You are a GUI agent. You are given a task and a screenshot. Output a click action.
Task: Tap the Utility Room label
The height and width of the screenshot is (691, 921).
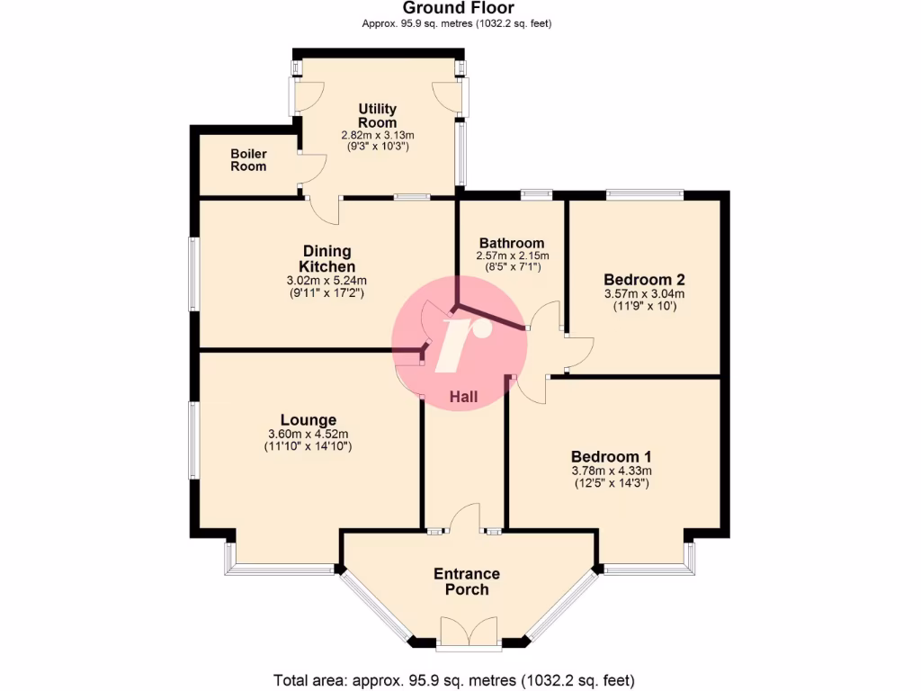pyautogui.click(x=377, y=116)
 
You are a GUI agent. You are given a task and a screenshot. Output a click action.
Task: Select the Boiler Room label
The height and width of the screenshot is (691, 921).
pyautogui.click(x=248, y=160)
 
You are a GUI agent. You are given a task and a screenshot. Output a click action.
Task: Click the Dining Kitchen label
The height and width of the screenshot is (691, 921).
pyautogui.click(x=326, y=259)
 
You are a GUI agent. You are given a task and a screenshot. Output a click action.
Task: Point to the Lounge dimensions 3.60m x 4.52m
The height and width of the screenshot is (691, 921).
pyautogui.click(x=308, y=434)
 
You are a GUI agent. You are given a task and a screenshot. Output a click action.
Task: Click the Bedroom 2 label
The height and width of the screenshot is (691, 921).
pyautogui.click(x=644, y=278)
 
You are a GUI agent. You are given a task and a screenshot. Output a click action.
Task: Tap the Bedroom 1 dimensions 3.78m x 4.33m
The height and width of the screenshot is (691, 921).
pyautogui.click(x=612, y=471)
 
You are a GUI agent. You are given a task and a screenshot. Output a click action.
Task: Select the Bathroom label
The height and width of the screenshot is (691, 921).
pyautogui.click(x=511, y=243)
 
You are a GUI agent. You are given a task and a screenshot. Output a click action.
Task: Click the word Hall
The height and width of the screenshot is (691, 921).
pyautogui.click(x=463, y=397)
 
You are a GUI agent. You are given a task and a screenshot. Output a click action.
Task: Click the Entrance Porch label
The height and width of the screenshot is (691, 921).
pyautogui.click(x=467, y=581)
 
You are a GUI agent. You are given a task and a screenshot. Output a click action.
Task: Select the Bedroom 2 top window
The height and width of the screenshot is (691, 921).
pyautogui.click(x=644, y=192)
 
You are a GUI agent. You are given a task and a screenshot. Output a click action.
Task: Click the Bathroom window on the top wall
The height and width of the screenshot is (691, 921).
pyautogui.click(x=536, y=193)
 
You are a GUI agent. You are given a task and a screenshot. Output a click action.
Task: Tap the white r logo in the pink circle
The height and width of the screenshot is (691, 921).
pyautogui.click(x=462, y=343)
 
